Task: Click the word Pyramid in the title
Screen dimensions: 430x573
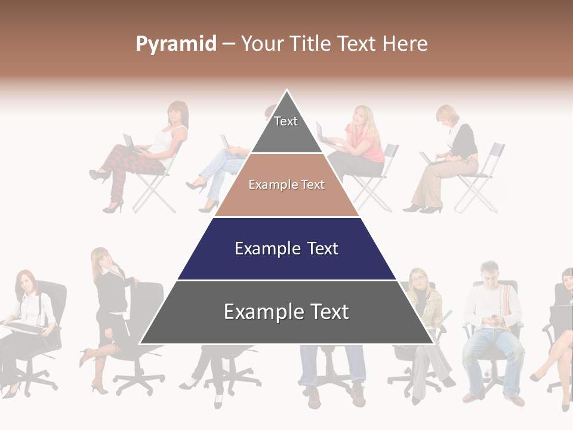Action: [x=176, y=44]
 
